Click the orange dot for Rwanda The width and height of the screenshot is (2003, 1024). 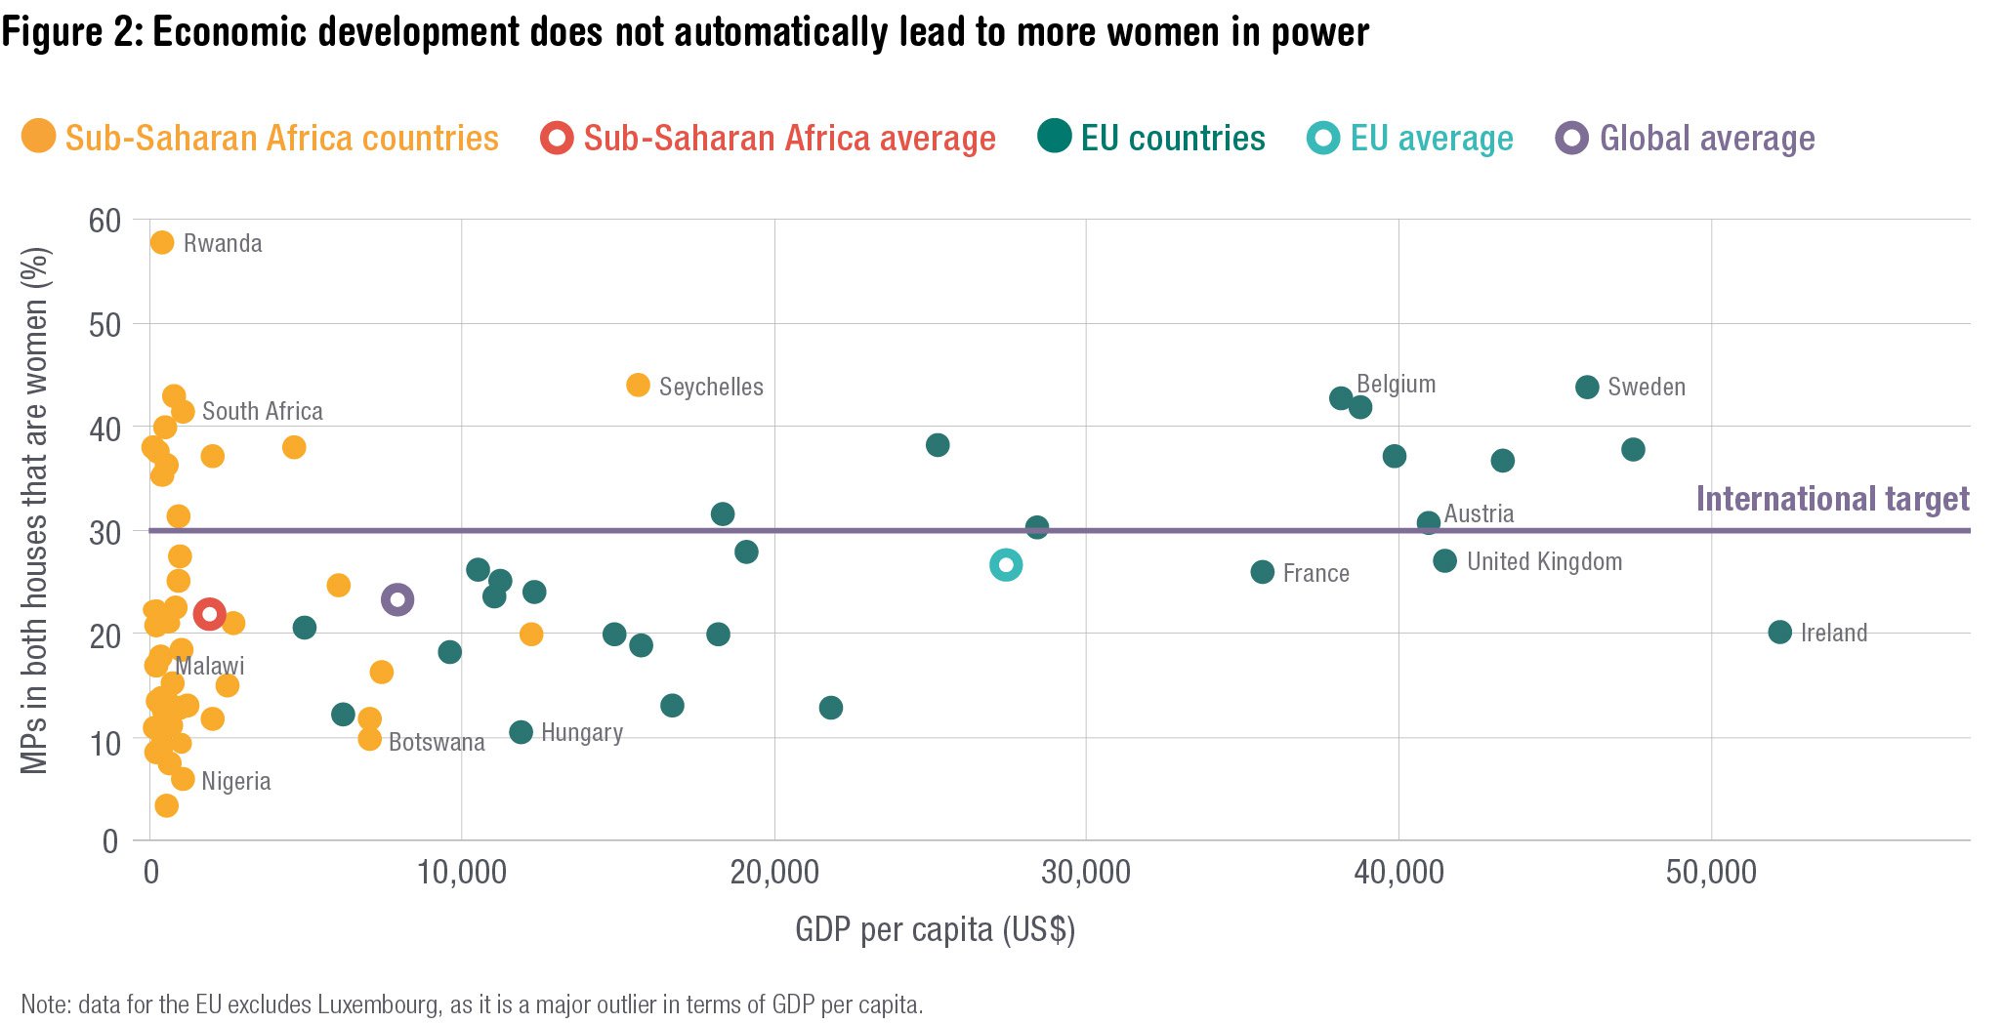point(162,242)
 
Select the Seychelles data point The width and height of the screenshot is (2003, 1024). point(638,385)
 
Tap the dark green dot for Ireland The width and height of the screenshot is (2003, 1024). point(1779,632)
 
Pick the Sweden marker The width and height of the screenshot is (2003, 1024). point(1587,387)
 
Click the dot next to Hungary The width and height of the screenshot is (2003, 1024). point(521,731)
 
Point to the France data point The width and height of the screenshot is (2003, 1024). point(1262,572)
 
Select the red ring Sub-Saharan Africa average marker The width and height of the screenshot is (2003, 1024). point(209,614)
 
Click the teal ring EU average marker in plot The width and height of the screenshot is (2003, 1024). point(1006,564)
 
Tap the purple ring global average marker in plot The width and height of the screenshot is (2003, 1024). point(396,599)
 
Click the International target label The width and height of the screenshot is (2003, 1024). point(1831,499)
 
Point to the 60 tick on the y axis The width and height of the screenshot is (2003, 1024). point(104,221)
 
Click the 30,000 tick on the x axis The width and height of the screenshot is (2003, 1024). point(1085,872)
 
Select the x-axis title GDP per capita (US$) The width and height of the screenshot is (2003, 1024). point(935,928)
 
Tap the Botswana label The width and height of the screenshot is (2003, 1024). point(437,742)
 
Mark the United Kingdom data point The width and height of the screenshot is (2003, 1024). point(1444,560)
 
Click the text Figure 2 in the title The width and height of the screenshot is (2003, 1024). point(71,32)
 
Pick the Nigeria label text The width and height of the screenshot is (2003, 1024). point(235,781)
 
